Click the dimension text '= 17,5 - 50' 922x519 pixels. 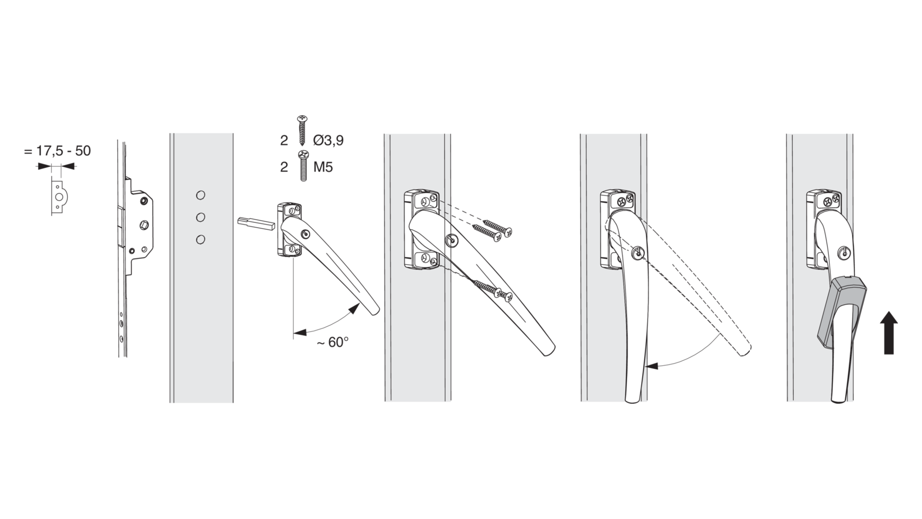(x=57, y=151)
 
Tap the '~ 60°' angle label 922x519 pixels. (x=332, y=342)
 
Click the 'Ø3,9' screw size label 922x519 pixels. (x=328, y=140)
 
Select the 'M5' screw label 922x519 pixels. (x=323, y=167)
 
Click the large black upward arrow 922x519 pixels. (x=889, y=333)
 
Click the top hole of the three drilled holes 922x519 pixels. (x=201, y=195)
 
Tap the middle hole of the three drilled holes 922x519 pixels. (x=201, y=218)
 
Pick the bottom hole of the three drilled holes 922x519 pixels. (x=201, y=239)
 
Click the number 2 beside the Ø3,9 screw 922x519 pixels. (x=284, y=140)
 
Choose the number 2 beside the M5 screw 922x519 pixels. (x=284, y=167)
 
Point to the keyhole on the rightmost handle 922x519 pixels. (x=844, y=252)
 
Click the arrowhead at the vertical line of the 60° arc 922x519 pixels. (x=300, y=332)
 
